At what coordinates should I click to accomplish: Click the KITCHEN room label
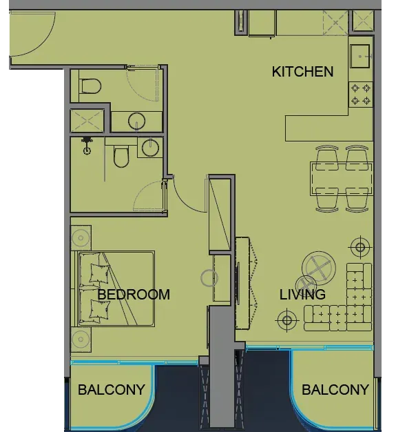click(x=302, y=72)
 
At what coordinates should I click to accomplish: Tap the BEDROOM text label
click(x=134, y=295)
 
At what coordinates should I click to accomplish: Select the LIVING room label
click(x=302, y=295)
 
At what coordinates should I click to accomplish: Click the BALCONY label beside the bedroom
click(x=112, y=390)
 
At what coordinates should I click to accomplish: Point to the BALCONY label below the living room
click(x=335, y=390)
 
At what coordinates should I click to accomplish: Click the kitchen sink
click(x=360, y=56)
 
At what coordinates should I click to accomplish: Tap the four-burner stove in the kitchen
click(x=361, y=95)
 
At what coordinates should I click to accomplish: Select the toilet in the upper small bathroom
click(x=92, y=86)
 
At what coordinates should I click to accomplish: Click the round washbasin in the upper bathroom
click(x=136, y=121)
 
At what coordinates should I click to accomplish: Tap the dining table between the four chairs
click(x=342, y=179)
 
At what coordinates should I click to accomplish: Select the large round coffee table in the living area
click(x=319, y=268)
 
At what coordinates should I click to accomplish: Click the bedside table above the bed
click(x=81, y=238)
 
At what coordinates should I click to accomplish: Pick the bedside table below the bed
click(x=81, y=340)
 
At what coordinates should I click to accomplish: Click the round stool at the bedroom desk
click(x=209, y=278)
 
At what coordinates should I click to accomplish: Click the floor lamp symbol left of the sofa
click(x=286, y=320)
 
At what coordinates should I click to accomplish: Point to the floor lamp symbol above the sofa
click(x=360, y=247)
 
